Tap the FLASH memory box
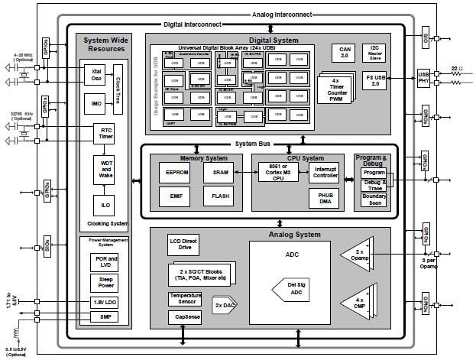[220, 196]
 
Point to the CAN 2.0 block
[344, 52]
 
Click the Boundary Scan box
[374, 199]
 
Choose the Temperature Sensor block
[186, 297]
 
